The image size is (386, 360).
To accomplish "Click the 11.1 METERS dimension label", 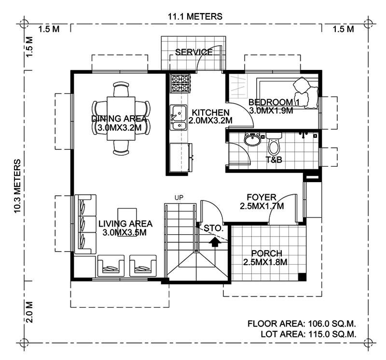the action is pyautogui.click(x=195, y=16).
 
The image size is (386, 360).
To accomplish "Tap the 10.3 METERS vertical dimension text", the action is pyautogui.click(x=17, y=186).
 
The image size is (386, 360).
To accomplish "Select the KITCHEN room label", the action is pyautogui.click(x=210, y=112).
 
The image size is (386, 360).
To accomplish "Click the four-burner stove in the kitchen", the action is pyautogui.click(x=180, y=83).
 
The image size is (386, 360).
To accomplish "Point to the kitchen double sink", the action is pyautogui.click(x=178, y=118).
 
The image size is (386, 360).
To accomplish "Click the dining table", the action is pyautogui.click(x=121, y=118).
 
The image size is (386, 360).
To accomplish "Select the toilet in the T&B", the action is pyautogui.click(x=274, y=144).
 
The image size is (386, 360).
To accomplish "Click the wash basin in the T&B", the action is pyautogui.click(x=252, y=139).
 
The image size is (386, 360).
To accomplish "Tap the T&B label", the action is pyautogui.click(x=274, y=160).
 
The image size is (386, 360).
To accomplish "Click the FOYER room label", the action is pyautogui.click(x=262, y=197).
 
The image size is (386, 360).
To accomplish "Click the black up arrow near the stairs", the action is pyautogui.click(x=215, y=241).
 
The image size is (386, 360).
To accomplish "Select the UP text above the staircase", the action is pyautogui.click(x=179, y=198).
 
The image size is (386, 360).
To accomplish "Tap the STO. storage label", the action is pyautogui.click(x=213, y=228).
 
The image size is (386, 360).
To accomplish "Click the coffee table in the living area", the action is pyautogui.click(x=127, y=222).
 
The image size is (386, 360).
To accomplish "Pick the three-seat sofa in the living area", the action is pyautogui.click(x=85, y=224).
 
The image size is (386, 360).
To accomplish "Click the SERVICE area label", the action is pyautogui.click(x=194, y=52).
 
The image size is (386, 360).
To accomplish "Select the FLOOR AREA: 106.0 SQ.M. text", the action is pyautogui.click(x=302, y=323).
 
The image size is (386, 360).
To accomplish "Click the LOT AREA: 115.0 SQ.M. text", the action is pyautogui.click(x=308, y=334).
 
